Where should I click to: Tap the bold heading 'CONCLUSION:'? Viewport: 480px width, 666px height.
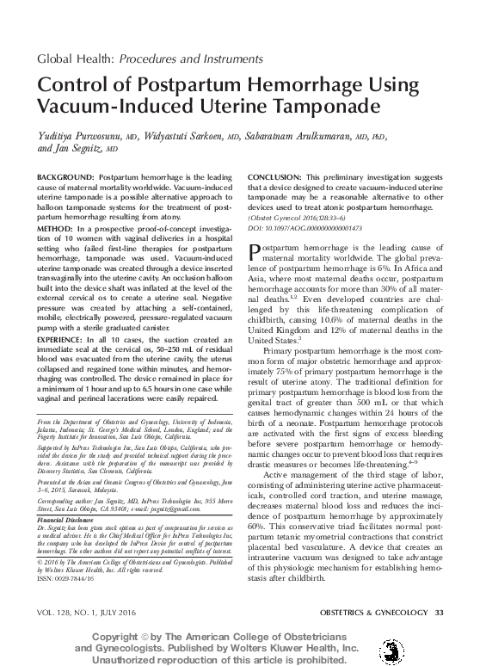[277, 176]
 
